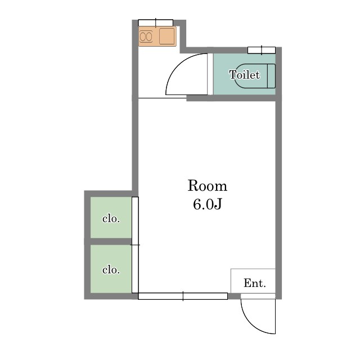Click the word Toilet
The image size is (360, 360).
(x=245, y=75)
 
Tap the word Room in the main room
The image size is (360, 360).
(x=208, y=186)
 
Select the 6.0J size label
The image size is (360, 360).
(x=208, y=204)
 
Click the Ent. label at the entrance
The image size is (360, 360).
(x=255, y=283)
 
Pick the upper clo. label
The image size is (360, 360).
(x=111, y=219)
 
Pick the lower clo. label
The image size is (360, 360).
(x=111, y=270)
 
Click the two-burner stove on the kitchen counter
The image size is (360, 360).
(x=146, y=37)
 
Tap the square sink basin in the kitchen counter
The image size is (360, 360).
(x=167, y=36)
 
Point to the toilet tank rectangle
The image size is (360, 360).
(x=271, y=76)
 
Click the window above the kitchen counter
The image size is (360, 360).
(x=156, y=23)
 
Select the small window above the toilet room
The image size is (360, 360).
(x=262, y=50)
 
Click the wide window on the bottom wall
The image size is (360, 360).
(x=183, y=296)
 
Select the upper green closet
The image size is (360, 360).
(x=111, y=218)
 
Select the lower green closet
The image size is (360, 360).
(x=111, y=269)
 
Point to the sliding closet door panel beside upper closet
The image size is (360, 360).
(x=135, y=221)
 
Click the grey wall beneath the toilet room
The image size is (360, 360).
(x=231, y=98)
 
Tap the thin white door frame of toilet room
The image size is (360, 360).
(x=210, y=74)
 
